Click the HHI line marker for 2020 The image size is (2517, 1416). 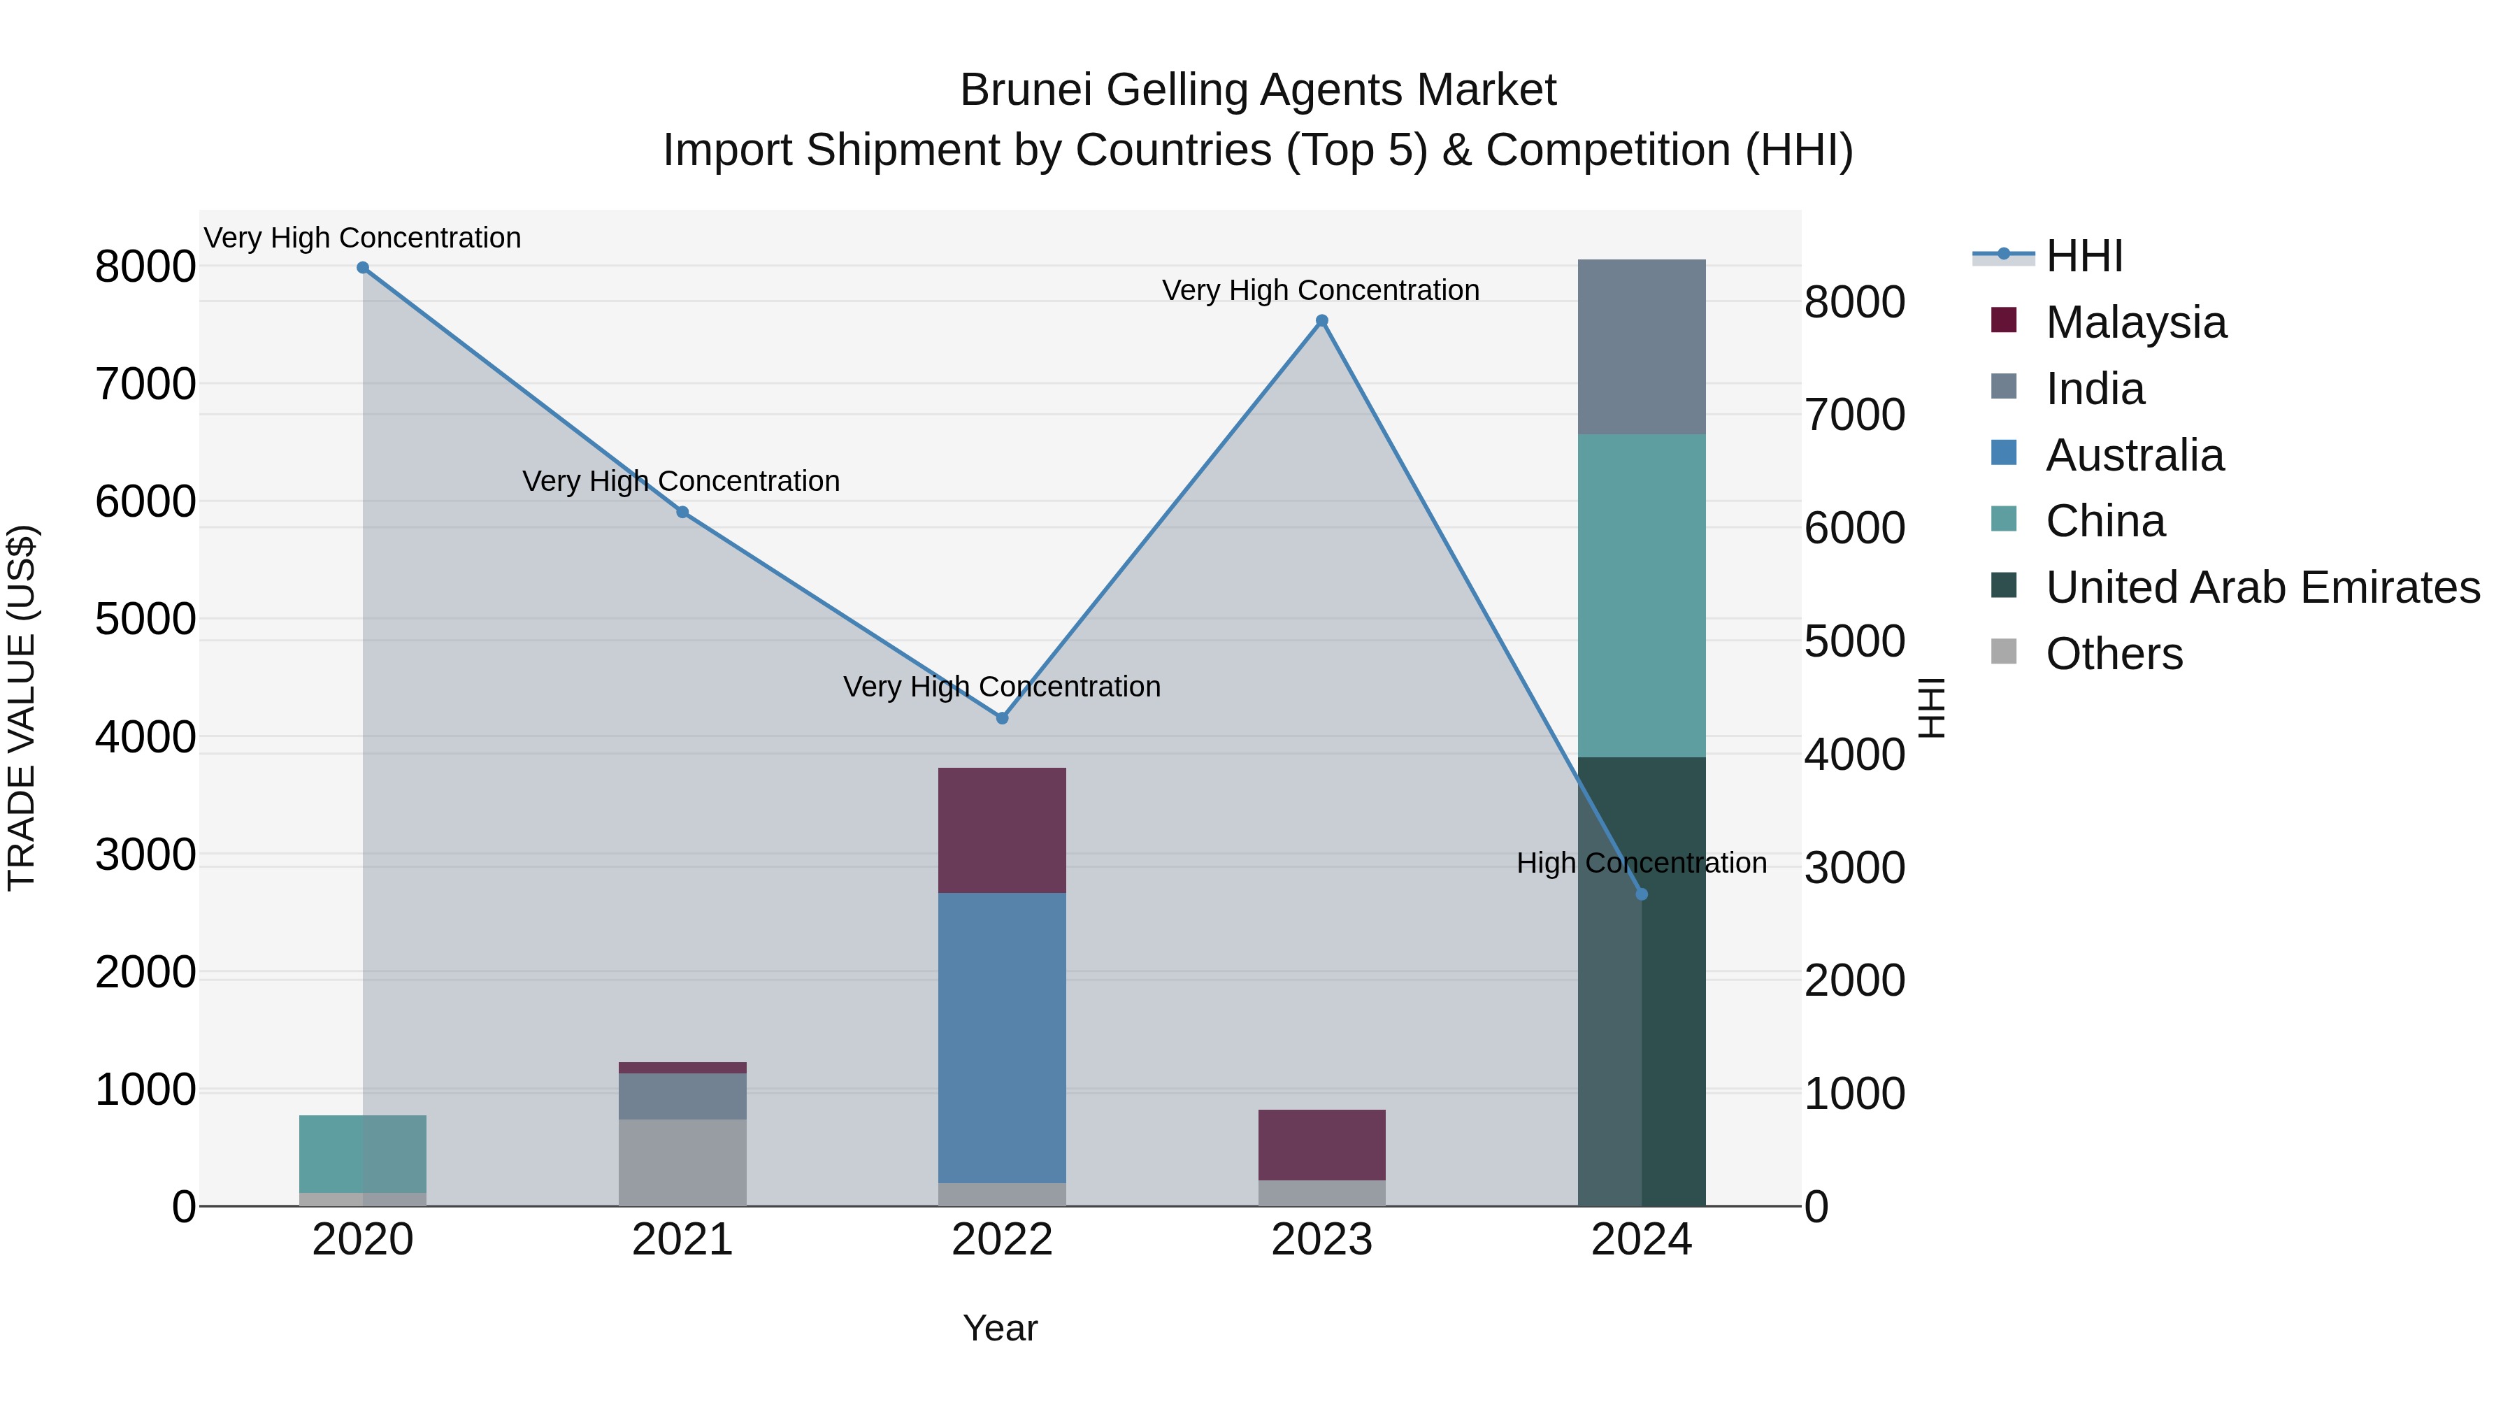pyautogui.click(x=362, y=268)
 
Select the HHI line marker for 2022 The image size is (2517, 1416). pyautogui.click(x=1001, y=718)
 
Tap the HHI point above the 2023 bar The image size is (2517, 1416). pyautogui.click(x=1321, y=320)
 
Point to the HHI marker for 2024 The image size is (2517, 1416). pyautogui.click(x=1642, y=894)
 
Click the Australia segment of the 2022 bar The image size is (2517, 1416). pyautogui.click(x=1001, y=1038)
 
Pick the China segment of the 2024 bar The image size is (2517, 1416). pyautogui.click(x=1642, y=596)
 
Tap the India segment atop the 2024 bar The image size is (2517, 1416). pyautogui.click(x=1642, y=347)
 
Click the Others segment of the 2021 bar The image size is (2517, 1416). pyautogui.click(x=682, y=1162)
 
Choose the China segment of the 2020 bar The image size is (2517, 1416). pyautogui.click(x=362, y=1153)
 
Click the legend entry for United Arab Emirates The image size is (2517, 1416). pyautogui.click(x=2262, y=587)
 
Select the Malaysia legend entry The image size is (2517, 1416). pyautogui.click(x=2135, y=322)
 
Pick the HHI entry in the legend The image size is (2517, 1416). pyautogui.click(x=2084, y=256)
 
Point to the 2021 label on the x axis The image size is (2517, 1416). pyautogui.click(x=682, y=1240)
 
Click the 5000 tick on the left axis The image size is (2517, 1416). pyautogui.click(x=145, y=619)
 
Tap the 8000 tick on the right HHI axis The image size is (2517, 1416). pyautogui.click(x=1853, y=302)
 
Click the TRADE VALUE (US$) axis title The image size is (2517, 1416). pyautogui.click(x=22, y=708)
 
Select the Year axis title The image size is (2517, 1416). pyautogui.click(x=1000, y=1328)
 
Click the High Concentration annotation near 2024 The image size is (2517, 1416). pyautogui.click(x=1642, y=863)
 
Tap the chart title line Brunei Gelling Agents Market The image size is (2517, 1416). pyautogui.click(x=1258, y=90)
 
